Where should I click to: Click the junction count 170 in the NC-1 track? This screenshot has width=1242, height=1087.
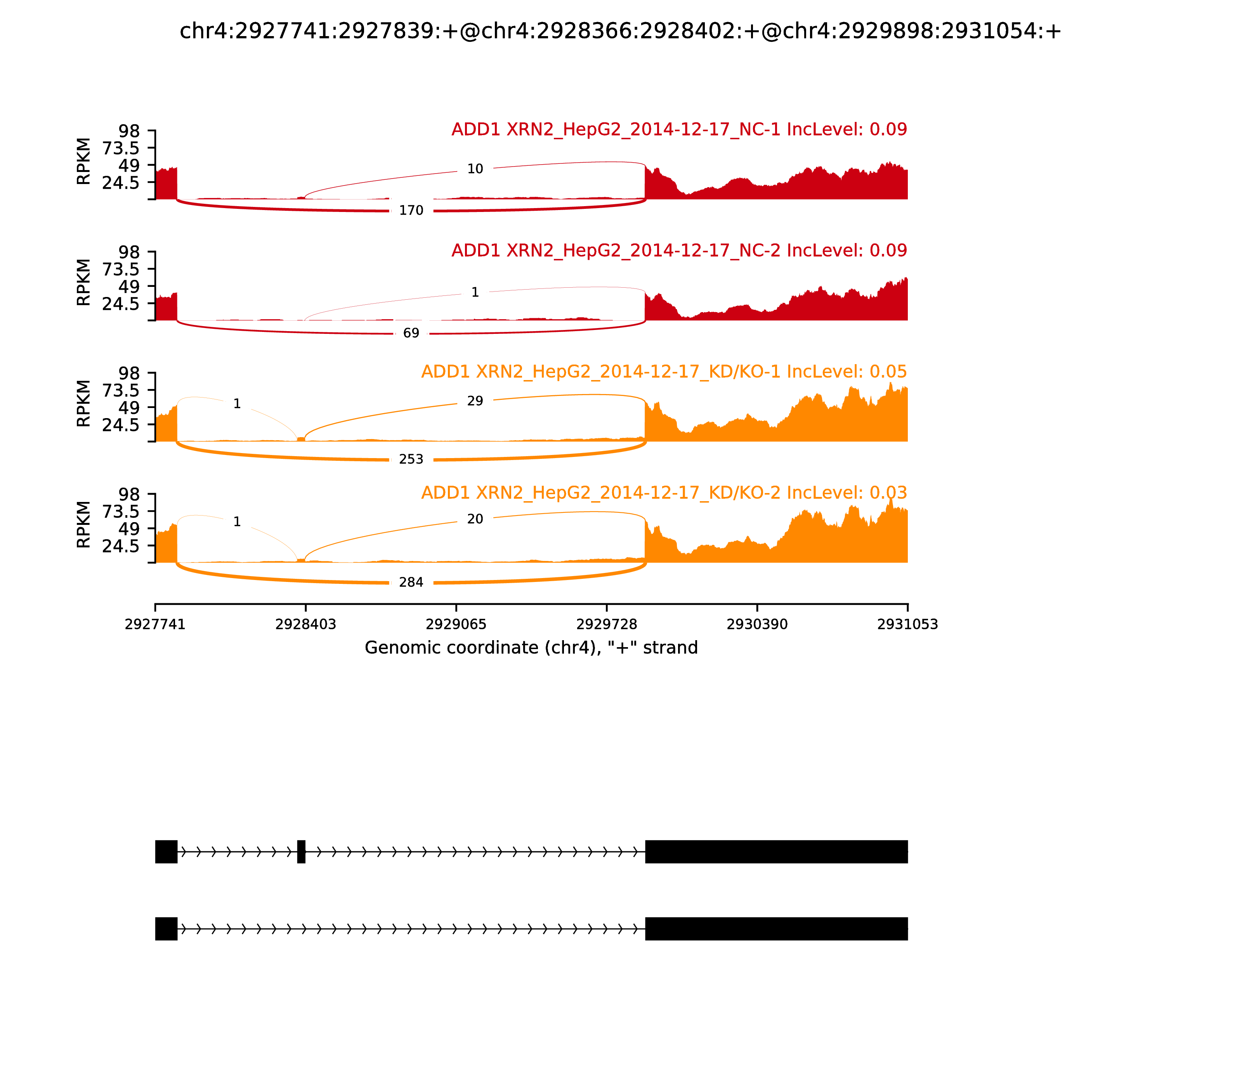click(x=411, y=210)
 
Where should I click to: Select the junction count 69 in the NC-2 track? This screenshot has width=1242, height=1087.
click(x=411, y=333)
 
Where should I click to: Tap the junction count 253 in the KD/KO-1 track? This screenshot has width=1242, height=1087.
click(x=411, y=459)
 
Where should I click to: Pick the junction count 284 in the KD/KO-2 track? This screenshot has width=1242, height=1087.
click(x=411, y=582)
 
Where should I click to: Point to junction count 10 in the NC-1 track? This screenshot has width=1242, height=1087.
click(x=475, y=168)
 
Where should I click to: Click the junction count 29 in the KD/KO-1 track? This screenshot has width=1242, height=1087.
click(x=475, y=401)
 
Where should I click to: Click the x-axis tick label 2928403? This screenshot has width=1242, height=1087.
click(x=306, y=624)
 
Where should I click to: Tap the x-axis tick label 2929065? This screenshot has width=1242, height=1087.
click(x=456, y=624)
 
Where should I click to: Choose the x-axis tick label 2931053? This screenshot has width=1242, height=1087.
click(x=907, y=624)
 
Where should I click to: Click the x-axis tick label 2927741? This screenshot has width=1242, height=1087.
click(x=155, y=624)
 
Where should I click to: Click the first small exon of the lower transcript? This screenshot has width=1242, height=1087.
click(x=166, y=929)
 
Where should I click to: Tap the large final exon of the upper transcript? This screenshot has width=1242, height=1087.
click(x=776, y=852)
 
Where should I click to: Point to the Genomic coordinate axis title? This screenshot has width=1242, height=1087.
click(x=531, y=648)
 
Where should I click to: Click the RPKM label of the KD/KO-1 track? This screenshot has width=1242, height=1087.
click(x=84, y=403)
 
